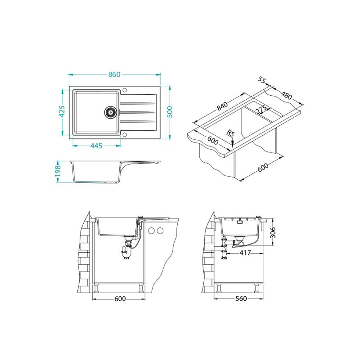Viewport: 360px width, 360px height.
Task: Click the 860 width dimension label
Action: point(115,74)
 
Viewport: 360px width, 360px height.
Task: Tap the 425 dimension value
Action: point(62,111)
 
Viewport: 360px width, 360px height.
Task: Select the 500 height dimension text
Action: point(170,112)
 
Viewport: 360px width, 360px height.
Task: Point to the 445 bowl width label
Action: point(96,146)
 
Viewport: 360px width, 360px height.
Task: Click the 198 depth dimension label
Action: point(57,171)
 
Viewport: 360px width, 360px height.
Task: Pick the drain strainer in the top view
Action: point(111,112)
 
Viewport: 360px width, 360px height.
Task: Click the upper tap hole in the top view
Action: point(125,90)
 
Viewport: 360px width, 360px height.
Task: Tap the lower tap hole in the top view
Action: point(125,135)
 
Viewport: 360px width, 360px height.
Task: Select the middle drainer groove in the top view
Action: point(137,112)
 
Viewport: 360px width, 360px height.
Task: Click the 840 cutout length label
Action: point(222,106)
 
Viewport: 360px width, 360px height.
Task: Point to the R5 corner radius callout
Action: point(230,133)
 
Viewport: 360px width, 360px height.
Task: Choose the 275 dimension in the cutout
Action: point(261,109)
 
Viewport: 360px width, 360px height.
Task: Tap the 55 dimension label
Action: point(261,80)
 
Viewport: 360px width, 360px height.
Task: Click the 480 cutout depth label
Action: point(286,95)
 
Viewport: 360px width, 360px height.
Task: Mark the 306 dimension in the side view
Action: point(272,233)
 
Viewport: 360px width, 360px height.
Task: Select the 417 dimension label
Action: point(245,253)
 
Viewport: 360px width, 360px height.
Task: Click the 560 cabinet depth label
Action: point(241,299)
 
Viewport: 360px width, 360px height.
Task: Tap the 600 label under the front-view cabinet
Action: point(120,299)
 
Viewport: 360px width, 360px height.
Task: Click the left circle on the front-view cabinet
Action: point(151,231)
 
